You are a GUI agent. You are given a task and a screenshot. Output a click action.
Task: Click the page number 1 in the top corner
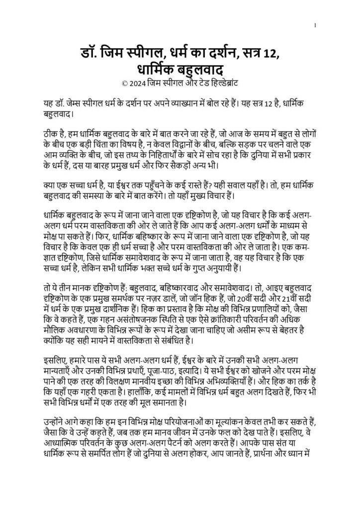click(315, 25)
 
